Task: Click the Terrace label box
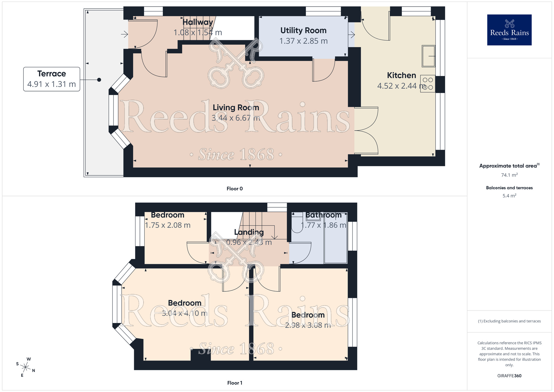pyautogui.click(x=52, y=79)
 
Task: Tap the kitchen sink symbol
pyautogui.click(x=428, y=56)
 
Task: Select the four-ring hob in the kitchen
pyautogui.click(x=428, y=83)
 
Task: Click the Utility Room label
pyautogui.click(x=303, y=30)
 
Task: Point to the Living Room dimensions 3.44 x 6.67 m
pyautogui.click(x=236, y=118)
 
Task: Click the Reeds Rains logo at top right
pyautogui.click(x=509, y=30)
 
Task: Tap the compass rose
pyautogui.click(x=25, y=367)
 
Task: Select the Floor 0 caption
pyautogui.click(x=234, y=189)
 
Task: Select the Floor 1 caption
pyautogui.click(x=234, y=383)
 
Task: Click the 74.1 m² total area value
pyautogui.click(x=509, y=175)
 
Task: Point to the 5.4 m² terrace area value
pyautogui.click(x=509, y=196)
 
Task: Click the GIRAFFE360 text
pyautogui.click(x=509, y=376)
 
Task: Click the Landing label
pyautogui.click(x=249, y=232)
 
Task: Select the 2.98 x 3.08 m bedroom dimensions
pyautogui.click(x=308, y=325)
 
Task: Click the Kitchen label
pyautogui.click(x=401, y=75)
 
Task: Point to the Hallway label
pyautogui.click(x=198, y=22)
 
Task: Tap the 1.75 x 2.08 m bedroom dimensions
pyautogui.click(x=168, y=225)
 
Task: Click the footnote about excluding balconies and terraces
pyautogui.click(x=509, y=321)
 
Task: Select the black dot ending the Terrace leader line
pyautogui.click(x=99, y=80)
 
